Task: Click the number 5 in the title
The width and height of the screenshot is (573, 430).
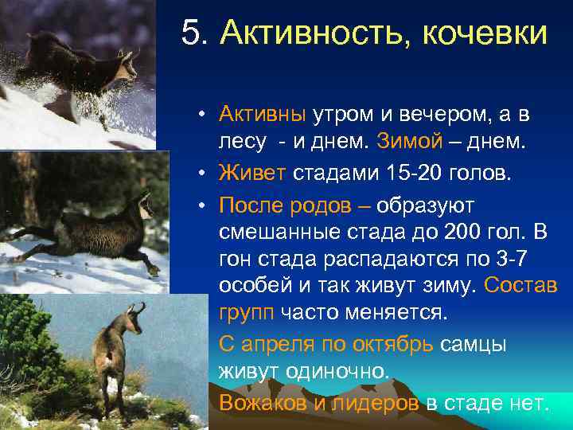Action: (x=190, y=34)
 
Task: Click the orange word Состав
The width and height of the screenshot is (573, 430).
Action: (x=520, y=286)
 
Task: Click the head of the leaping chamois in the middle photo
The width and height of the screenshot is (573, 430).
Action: (x=143, y=205)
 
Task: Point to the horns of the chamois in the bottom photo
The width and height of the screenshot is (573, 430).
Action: (x=138, y=308)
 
